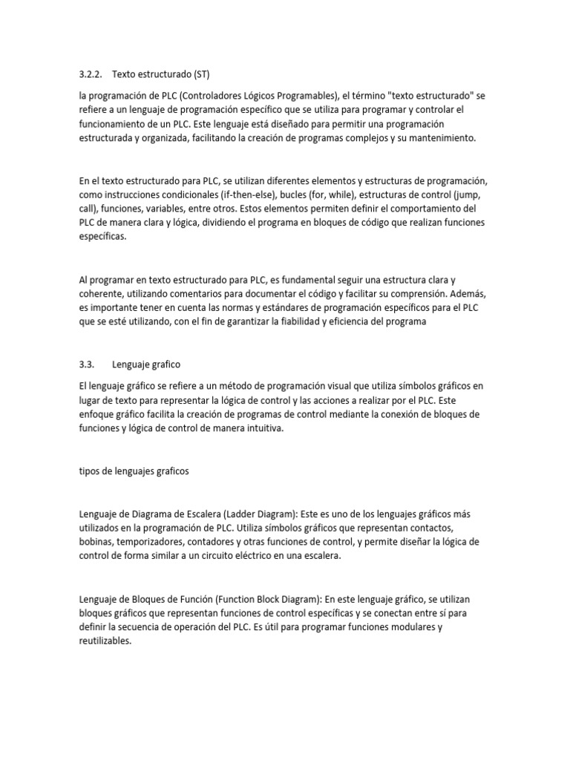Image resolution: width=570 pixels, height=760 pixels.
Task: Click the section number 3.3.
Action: click(88, 364)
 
